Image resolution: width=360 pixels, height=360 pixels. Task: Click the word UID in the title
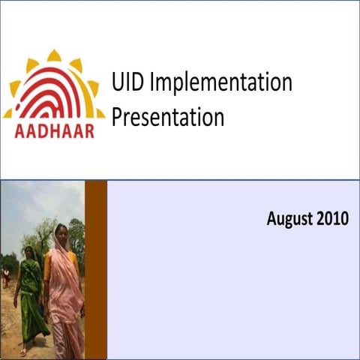click(128, 83)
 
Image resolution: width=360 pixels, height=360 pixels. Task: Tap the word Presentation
click(167, 118)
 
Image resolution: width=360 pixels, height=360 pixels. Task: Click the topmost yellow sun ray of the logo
click(54, 55)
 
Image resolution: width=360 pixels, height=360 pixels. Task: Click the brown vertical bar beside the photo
click(96, 270)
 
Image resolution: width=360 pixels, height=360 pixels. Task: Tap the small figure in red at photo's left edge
click(6, 277)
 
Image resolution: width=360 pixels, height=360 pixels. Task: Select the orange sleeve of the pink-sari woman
click(49, 266)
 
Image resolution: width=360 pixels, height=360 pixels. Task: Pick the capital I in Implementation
click(152, 83)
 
